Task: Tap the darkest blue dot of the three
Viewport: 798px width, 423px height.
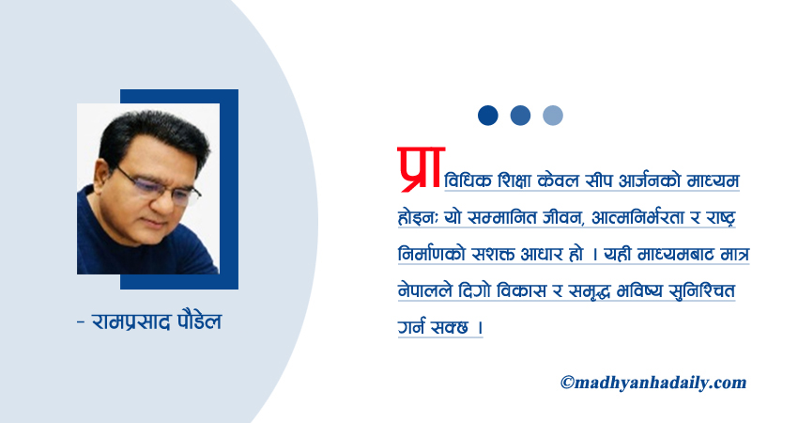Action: (487, 115)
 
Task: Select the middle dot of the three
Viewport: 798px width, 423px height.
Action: (520, 115)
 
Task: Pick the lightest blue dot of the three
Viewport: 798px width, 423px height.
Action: (553, 115)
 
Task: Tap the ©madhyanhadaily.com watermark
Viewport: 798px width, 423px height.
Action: (653, 383)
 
